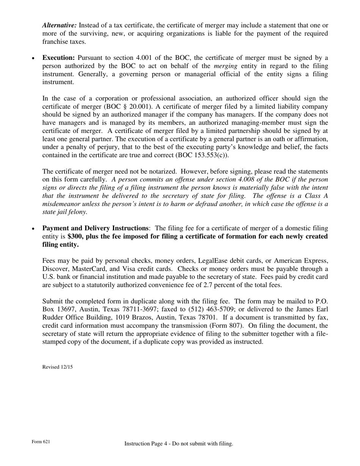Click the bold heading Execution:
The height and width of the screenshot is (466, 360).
point(58,58)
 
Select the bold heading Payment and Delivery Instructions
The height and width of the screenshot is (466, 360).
point(95,228)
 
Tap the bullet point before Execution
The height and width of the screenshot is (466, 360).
point(33,58)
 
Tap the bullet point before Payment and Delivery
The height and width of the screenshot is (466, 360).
point(33,229)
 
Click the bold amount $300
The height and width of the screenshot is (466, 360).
point(75,236)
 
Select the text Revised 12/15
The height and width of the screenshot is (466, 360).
point(58,367)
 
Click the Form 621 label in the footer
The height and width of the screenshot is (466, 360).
point(41,442)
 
